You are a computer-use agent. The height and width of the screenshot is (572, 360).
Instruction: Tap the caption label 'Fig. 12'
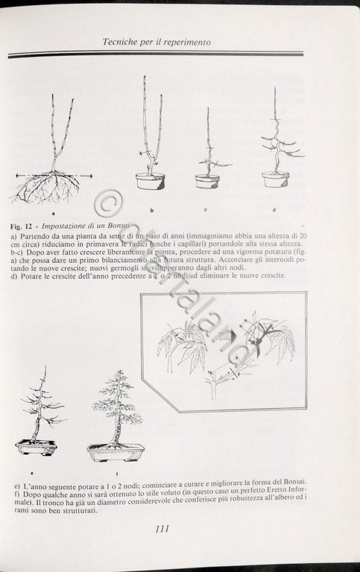(24, 225)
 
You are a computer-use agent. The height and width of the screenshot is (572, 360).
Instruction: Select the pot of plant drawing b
(151, 181)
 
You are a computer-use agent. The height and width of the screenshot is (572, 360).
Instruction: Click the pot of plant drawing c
(207, 181)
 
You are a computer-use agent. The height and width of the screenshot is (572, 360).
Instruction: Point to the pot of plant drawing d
(275, 179)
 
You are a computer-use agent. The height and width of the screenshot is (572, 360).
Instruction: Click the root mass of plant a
(46, 188)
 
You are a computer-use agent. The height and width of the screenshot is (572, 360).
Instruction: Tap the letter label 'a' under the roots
(54, 213)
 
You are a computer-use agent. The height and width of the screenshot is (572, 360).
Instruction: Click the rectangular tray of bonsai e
(37, 447)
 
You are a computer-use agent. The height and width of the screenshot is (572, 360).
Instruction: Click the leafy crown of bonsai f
(117, 402)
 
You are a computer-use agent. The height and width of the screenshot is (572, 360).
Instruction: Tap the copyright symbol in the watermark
(109, 203)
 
